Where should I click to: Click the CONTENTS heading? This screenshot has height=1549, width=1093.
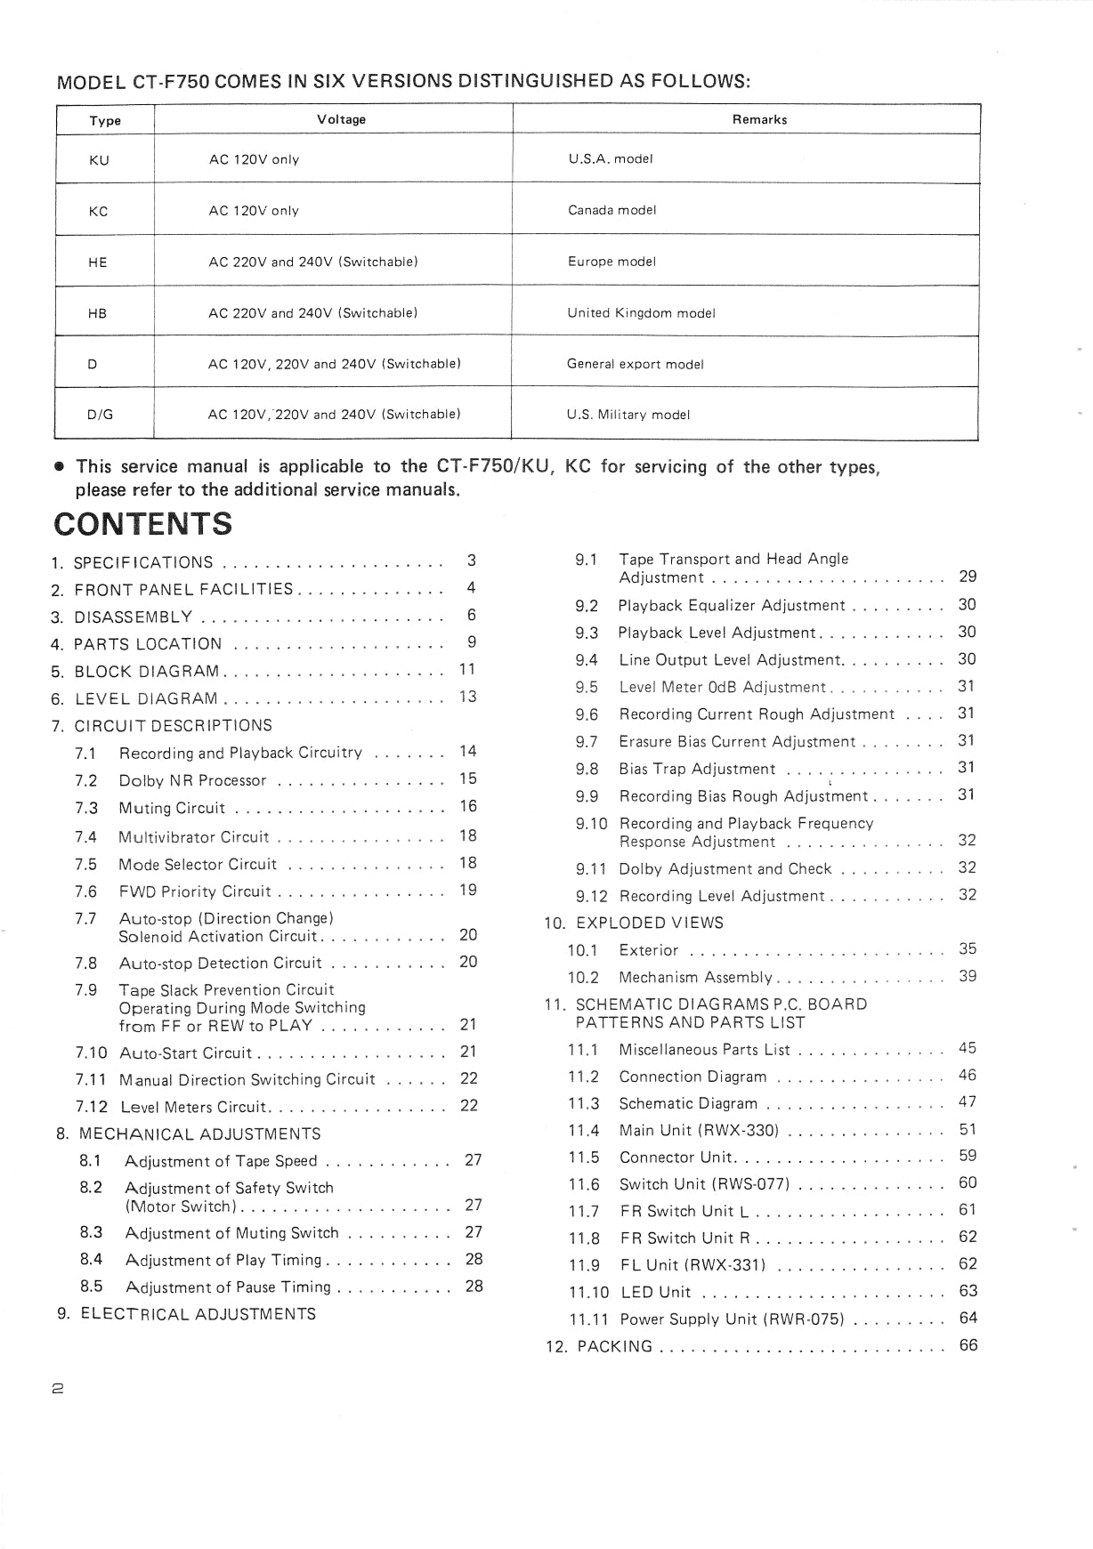pos(142,523)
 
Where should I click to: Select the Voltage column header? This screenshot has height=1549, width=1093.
pos(341,119)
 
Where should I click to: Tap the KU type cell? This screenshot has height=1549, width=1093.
pos(99,160)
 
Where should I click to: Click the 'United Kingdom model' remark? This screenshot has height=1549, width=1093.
pos(641,313)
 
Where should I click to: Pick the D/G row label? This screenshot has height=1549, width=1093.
pos(100,415)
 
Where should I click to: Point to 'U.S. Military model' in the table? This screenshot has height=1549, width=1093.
pos(627,415)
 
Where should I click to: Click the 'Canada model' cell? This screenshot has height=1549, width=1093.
pos(611,210)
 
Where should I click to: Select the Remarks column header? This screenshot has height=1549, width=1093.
pos(759,119)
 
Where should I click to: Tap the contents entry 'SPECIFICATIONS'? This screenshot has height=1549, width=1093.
pos(143,562)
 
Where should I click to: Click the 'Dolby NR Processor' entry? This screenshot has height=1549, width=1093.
pos(192,780)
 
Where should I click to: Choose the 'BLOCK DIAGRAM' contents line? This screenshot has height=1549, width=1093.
pos(147,672)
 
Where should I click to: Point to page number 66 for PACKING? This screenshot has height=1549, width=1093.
pos(968,1345)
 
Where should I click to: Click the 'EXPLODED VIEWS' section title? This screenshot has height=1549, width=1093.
pos(649,923)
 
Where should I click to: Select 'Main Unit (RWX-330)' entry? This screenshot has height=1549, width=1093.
pos(699,1130)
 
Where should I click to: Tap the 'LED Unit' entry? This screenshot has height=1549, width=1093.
pos(654,1292)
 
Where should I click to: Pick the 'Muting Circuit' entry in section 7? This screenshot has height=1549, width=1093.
pos(172,808)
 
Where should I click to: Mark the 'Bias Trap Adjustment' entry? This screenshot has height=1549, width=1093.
pos(697,769)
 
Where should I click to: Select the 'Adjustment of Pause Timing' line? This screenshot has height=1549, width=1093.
pos(228,1287)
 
